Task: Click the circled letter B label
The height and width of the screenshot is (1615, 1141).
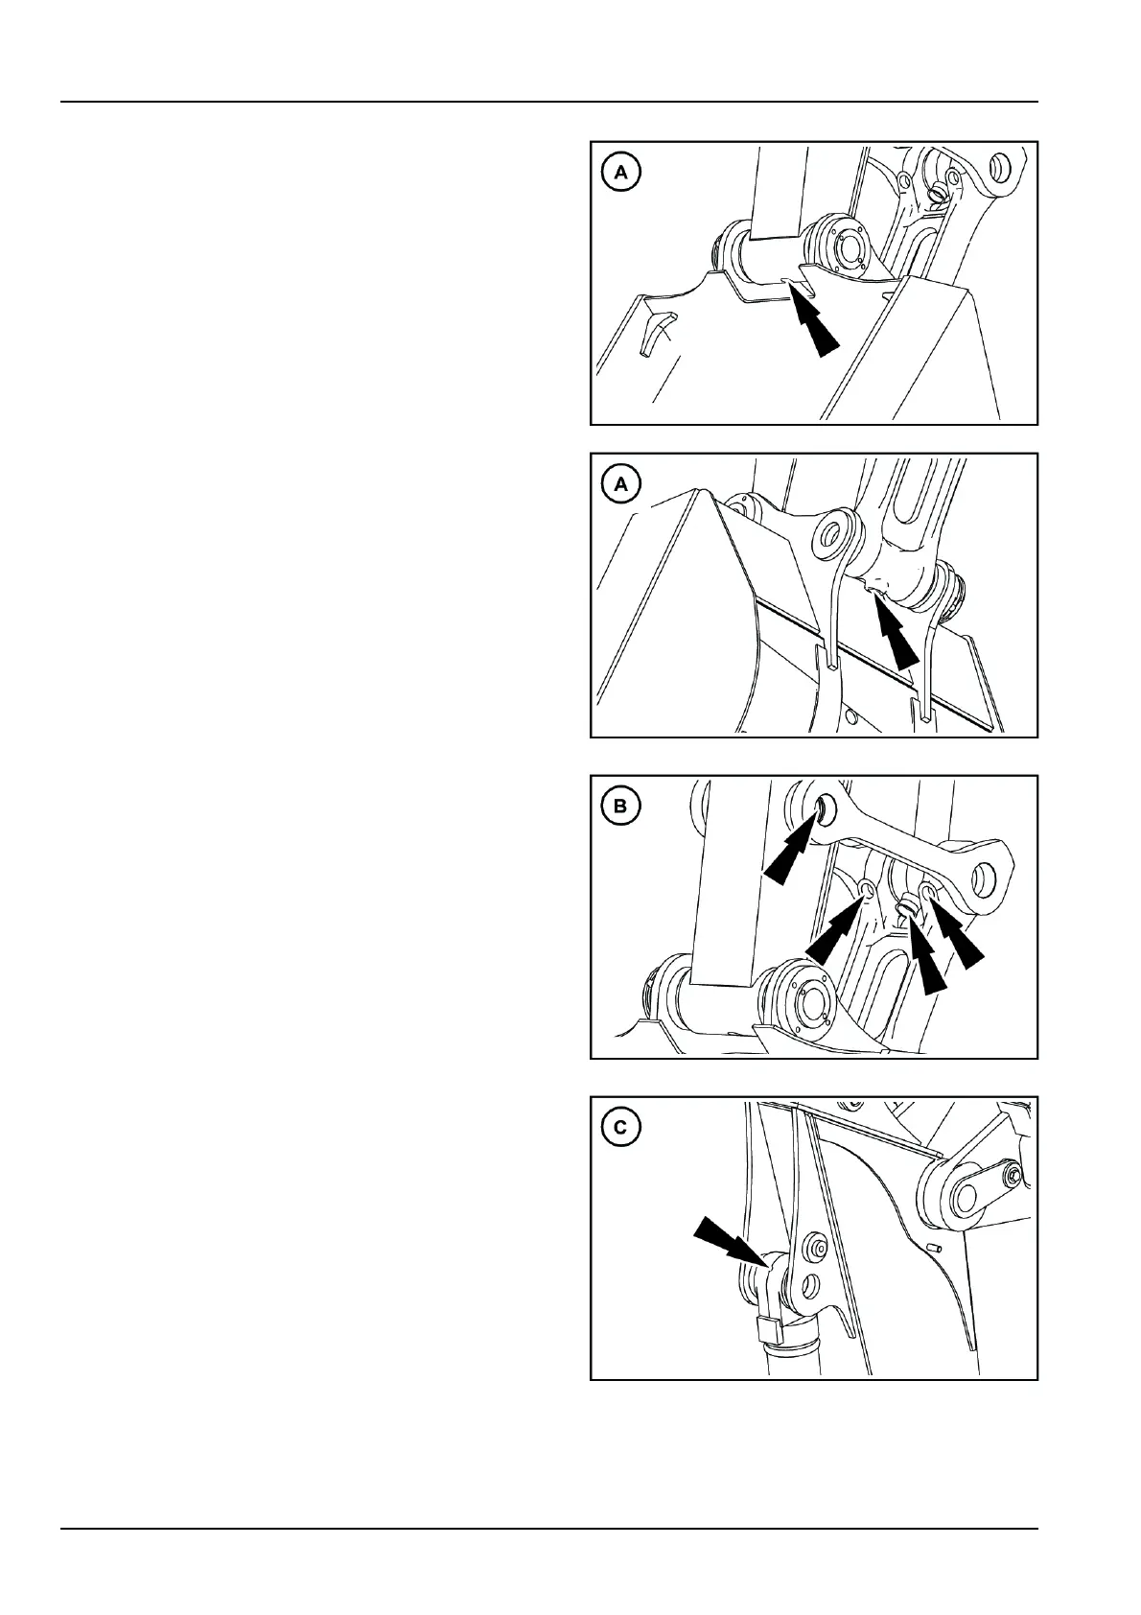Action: coord(620,806)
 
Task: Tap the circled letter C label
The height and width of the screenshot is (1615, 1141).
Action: coord(620,1128)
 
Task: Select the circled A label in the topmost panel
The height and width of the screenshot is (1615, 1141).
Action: coord(620,173)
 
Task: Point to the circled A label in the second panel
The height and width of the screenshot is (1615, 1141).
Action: coord(620,484)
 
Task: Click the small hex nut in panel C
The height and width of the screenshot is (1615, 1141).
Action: coord(1014,1176)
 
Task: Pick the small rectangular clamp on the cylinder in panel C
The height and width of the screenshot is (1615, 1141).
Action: coord(770,1330)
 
